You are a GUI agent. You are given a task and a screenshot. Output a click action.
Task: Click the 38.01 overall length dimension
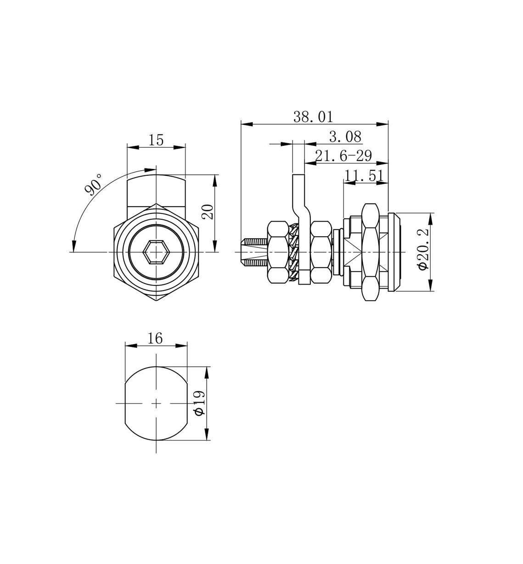pyautogui.click(x=313, y=117)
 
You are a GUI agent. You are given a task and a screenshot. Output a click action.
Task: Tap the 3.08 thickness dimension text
pyautogui.click(x=345, y=137)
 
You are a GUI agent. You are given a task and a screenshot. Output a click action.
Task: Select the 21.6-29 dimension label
pyautogui.click(x=343, y=156)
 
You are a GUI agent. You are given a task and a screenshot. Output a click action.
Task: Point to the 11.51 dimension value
pyautogui.click(x=364, y=175)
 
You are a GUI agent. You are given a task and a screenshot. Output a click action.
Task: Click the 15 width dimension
pyautogui.click(x=156, y=140)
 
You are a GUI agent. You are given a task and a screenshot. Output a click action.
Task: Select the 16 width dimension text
pyautogui.click(x=155, y=338)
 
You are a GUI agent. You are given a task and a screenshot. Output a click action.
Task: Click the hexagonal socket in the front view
pyautogui.click(x=156, y=252)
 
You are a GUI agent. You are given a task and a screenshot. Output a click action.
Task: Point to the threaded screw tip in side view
pyautogui.click(x=253, y=252)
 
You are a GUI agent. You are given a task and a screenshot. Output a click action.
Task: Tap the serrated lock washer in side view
pyautogui.click(x=294, y=252)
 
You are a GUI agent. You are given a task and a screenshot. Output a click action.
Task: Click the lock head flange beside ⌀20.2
pyautogui.click(x=394, y=252)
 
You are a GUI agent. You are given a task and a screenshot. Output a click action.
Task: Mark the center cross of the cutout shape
pyautogui.click(x=156, y=403)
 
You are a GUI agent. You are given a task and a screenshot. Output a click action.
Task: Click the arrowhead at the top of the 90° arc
pyautogui.click(x=150, y=170)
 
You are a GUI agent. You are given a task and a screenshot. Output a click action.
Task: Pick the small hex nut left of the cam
pyautogui.click(x=278, y=252)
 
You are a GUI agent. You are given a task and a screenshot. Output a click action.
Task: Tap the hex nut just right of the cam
pyautogui.click(x=321, y=252)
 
